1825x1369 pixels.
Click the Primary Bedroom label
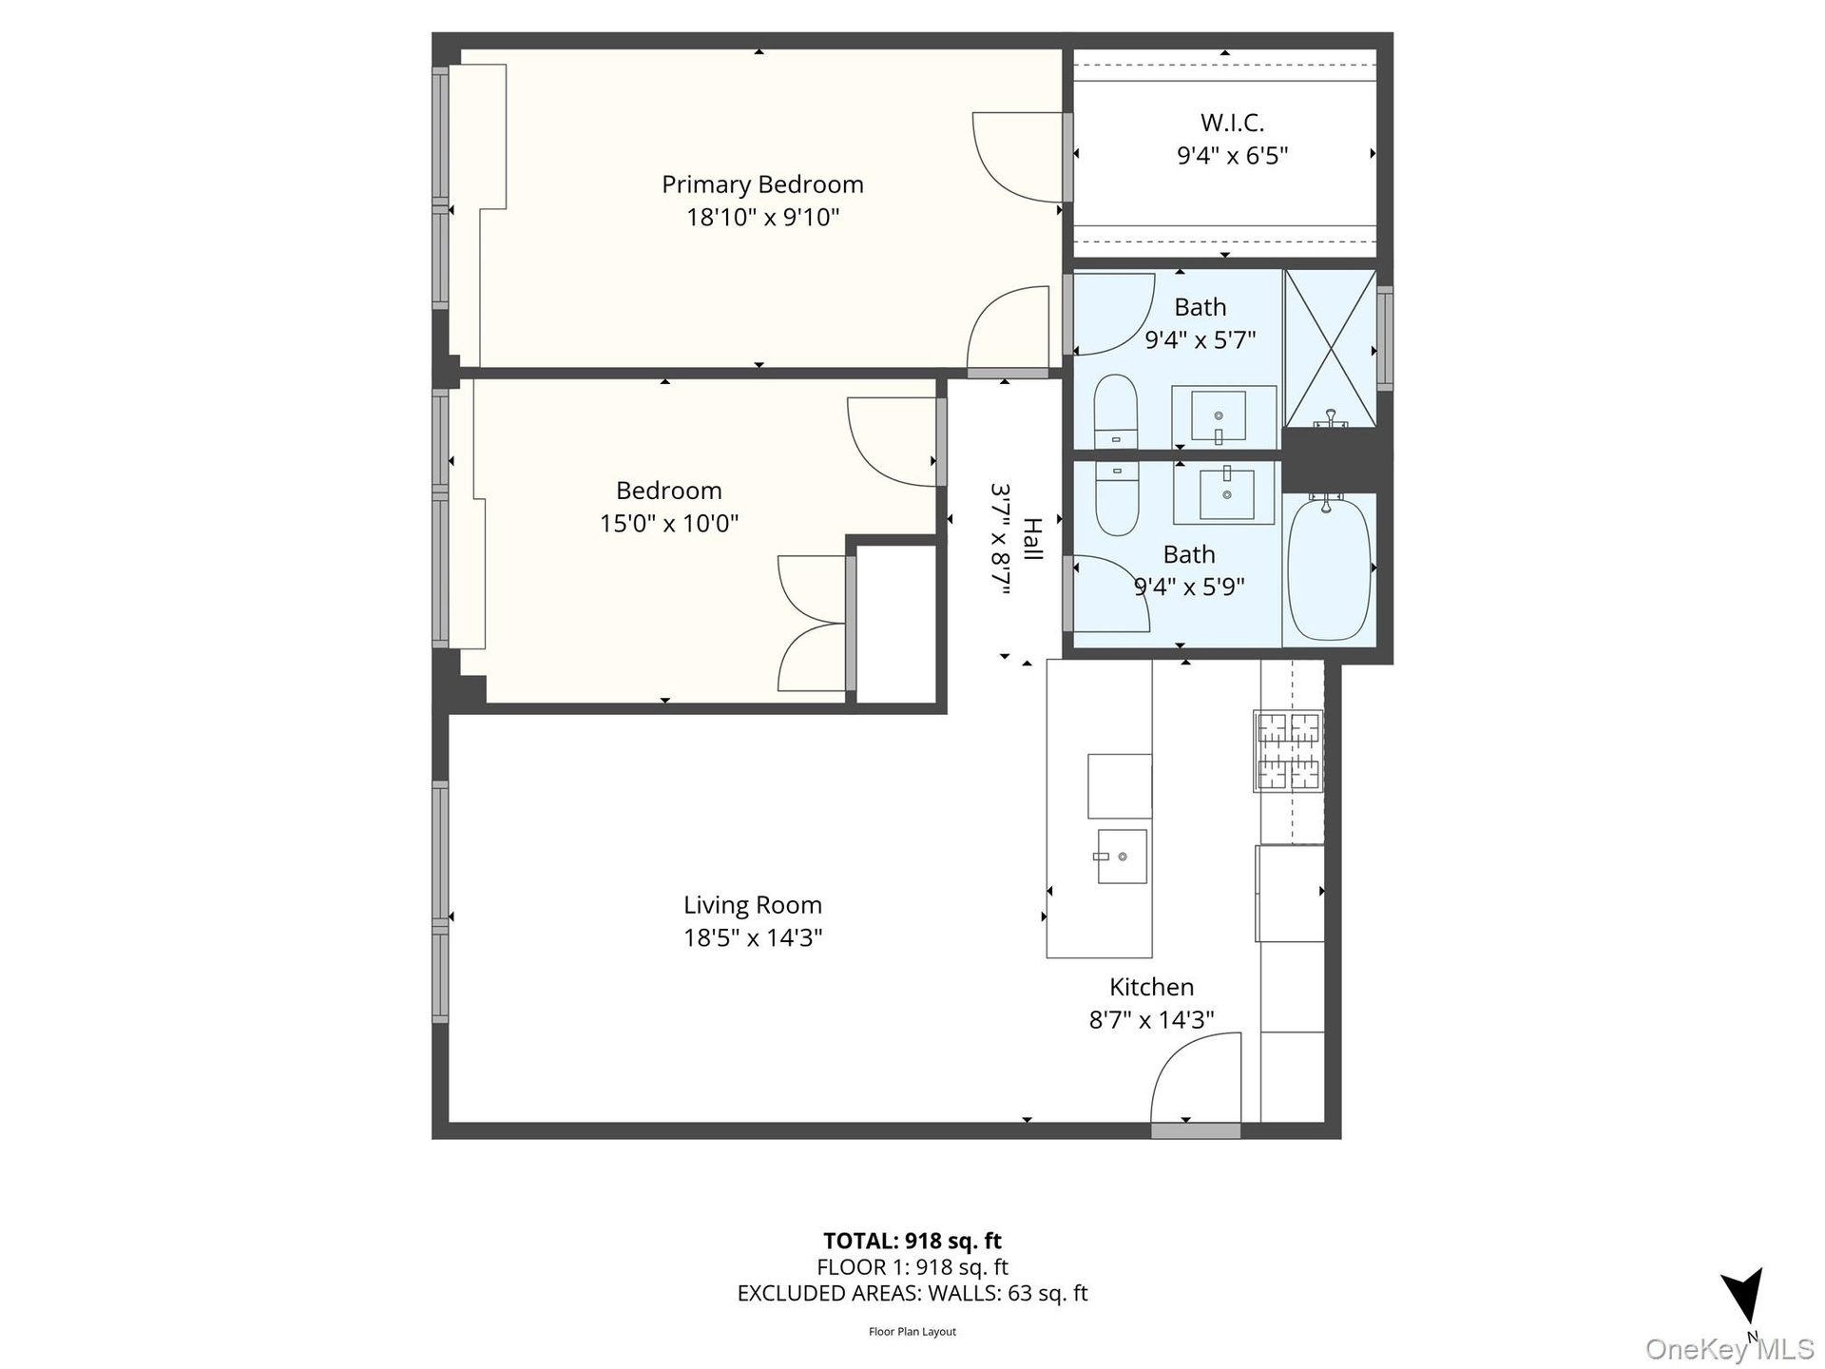point(762,184)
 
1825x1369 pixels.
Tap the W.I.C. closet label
point(1232,123)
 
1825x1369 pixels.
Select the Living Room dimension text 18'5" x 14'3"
point(753,938)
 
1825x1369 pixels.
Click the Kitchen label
point(1151,987)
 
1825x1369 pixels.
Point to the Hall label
point(1032,539)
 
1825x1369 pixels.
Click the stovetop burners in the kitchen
point(1288,751)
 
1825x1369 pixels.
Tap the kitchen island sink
point(1122,857)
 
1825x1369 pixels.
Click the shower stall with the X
point(1330,348)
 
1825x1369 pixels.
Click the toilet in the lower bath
point(1116,498)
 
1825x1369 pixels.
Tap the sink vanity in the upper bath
point(1223,416)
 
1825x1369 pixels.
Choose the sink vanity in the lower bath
point(1224,493)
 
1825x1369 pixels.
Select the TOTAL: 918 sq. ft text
point(912,1241)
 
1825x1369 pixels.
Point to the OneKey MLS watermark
point(1730,1349)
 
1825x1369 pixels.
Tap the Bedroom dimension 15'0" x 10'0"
point(669,524)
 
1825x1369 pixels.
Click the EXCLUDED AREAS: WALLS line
point(912,1293)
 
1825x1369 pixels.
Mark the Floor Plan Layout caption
point(912,1332)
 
